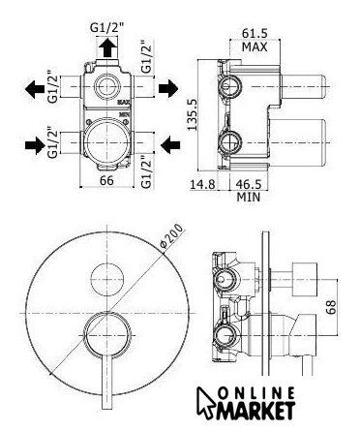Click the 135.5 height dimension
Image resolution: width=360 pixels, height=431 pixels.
[193, 114]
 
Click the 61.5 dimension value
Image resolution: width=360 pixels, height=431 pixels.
[255, 33]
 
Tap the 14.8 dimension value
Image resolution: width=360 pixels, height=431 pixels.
[202, 184]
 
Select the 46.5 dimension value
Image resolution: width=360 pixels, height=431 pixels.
[249, 184]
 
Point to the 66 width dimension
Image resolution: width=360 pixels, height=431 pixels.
[106, 180]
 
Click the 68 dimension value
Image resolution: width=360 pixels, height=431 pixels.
[331, 307]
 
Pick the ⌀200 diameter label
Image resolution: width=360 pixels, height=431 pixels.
[171, 235]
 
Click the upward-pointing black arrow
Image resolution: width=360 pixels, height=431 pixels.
[107, 47]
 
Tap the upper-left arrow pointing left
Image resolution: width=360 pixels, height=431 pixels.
[35, 89]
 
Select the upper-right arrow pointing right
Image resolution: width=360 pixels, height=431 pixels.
[168, 88]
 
